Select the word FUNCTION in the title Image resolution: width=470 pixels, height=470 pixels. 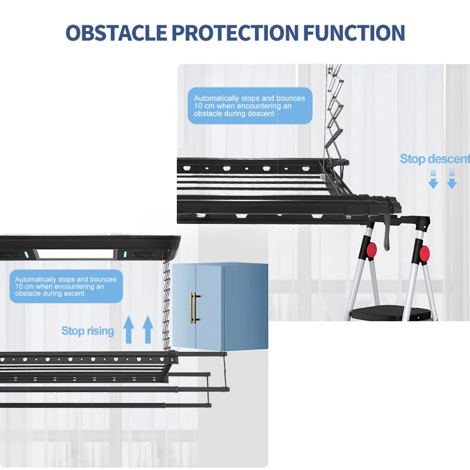pos(354,33)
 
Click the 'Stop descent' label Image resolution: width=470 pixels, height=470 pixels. pos(435,159)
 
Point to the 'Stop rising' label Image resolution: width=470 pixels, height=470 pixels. pos(88,331)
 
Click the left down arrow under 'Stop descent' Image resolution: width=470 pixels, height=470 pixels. pos(433,180)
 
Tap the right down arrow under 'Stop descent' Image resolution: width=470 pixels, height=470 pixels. pos(451,180)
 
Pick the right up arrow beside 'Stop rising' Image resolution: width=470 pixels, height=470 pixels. pos(147,328)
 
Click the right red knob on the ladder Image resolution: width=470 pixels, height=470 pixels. pos(424,254)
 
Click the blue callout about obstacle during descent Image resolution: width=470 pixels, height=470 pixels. pos(250,106)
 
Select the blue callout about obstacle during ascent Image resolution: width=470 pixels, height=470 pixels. pos(66,286)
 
